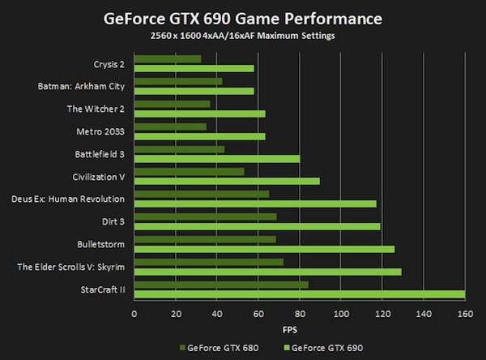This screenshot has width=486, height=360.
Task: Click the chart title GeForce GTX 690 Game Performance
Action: click(242, 17)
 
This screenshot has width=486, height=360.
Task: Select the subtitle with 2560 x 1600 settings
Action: click(242, 37)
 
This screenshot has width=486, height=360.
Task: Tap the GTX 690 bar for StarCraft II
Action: click(299, 294)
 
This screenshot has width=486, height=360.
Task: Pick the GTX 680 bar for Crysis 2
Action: click(167, 58)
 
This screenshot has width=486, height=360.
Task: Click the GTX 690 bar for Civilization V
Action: click(226, 181)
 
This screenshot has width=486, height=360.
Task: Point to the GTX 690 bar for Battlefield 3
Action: click(216, 159)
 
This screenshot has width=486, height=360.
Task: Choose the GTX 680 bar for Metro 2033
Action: click(169, 126)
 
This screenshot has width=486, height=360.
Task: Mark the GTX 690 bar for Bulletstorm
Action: click(263, 249)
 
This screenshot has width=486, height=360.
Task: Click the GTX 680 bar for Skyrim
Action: click(208, 262)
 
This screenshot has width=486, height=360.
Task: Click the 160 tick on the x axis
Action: click(464, 314)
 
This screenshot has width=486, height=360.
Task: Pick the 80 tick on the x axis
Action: click(299, 314)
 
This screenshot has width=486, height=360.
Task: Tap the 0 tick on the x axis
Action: click(134, 314)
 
